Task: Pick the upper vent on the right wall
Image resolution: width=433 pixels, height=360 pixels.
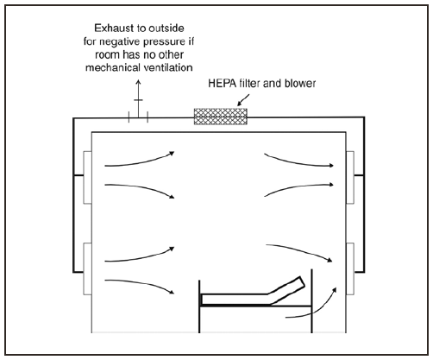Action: click(350, 177)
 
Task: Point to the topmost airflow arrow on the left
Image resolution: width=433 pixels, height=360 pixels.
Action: click(138, 158)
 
